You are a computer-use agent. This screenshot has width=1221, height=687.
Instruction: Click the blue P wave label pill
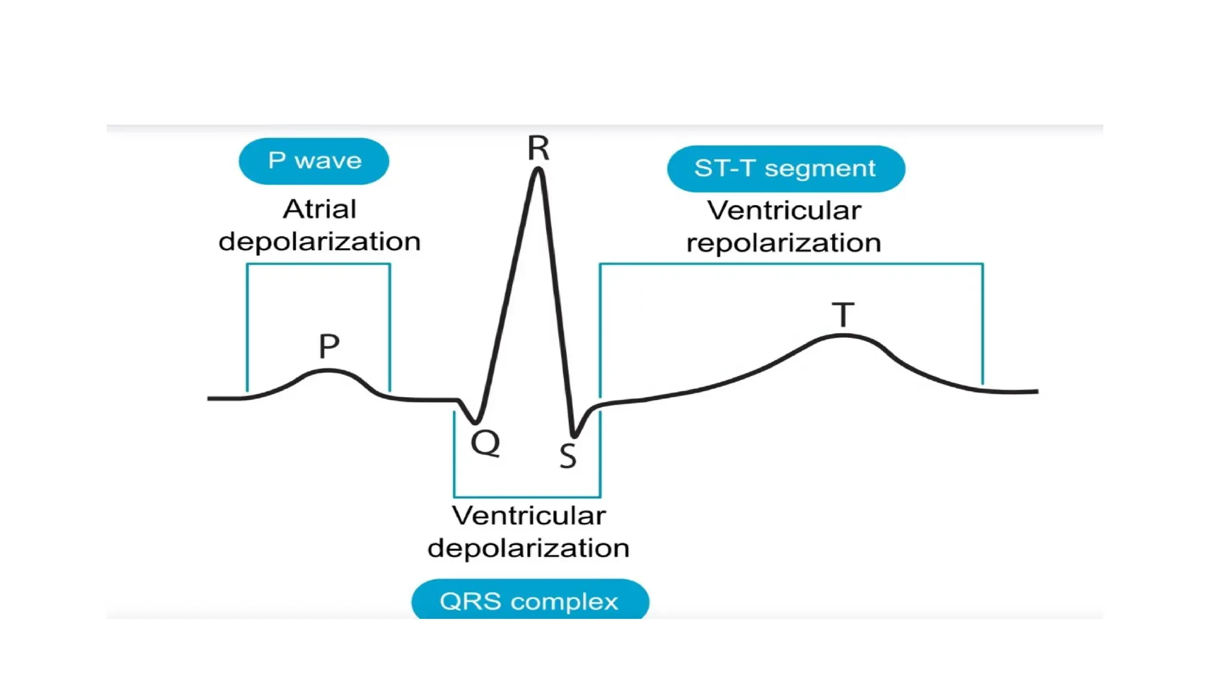[314, 161]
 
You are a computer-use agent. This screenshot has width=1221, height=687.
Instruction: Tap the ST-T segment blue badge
[785, 169]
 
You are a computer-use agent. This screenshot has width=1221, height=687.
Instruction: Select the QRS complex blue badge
[529, 601]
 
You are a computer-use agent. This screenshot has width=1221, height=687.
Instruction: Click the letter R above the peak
[538, 148]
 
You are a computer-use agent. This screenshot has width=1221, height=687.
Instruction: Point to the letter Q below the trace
[485, 443]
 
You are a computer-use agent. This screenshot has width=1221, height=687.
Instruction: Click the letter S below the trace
[568, 456]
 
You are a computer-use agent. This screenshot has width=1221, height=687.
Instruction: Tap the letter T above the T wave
[843, 315]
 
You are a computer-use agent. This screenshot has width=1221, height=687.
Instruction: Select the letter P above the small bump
[329, 346]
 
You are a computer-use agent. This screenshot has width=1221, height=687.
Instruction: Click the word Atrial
[320, 209]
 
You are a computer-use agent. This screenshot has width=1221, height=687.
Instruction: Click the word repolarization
[783, 243]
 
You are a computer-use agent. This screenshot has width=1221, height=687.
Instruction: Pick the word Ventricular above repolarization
[783, 211]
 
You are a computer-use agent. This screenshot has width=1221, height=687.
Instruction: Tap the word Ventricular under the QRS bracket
[528, 516]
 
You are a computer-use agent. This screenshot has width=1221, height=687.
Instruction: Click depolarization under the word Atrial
[320, 242]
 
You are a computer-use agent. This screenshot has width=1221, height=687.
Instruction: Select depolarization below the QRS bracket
[528, 548]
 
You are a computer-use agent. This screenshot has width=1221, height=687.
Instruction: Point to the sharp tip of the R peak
[538, 170]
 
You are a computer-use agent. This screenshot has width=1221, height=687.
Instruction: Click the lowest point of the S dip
[574, 435]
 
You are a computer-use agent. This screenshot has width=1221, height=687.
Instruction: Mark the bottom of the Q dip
[475, 422]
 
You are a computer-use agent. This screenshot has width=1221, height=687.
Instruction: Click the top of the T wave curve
[842, 336]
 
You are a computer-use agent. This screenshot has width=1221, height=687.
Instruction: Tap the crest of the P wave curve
[327, 371]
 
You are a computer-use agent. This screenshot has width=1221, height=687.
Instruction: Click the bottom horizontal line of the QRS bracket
[527, 496]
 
